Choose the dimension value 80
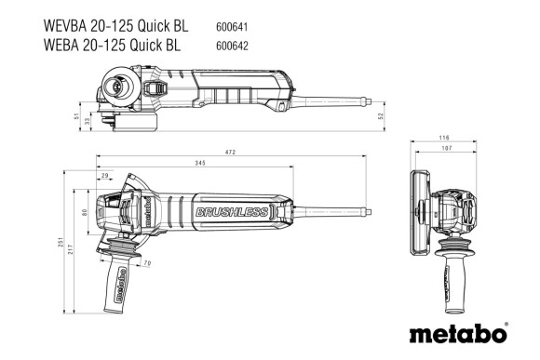coord(86,213)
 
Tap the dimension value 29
coord(104,175)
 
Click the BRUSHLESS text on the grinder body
coord(230,214)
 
